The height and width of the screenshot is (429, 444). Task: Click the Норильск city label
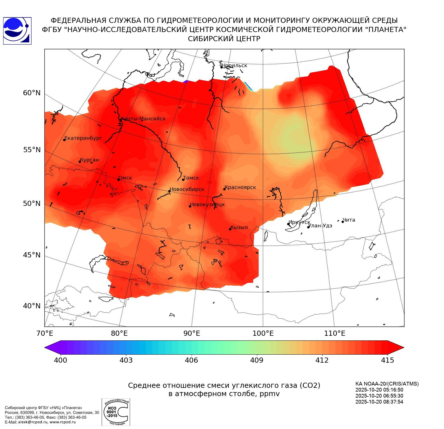tap(234, 65)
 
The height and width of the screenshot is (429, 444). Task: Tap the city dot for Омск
tap(118, 180)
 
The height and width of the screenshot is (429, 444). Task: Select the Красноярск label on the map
tap(240, 187)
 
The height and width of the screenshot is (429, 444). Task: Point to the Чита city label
tap(349, 220)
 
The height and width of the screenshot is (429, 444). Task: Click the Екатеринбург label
tap(83, 138)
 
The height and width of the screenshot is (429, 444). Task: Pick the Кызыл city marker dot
tap(230, 229)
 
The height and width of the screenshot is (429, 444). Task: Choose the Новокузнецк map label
tap(207, 204)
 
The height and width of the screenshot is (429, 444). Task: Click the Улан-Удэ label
tap(320, 226)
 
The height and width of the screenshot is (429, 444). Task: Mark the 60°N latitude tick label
tap(32, 93)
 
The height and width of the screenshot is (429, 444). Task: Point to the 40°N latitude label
tap(32, 306)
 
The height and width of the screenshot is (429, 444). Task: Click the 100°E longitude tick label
tap(263, 333)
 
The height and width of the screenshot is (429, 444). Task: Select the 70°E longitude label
tap(45, 333)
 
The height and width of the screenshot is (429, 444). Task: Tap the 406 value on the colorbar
tap(191, 360)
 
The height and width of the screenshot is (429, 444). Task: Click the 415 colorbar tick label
tap(388, 360)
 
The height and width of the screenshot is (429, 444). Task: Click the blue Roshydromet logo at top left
tap(17, 31)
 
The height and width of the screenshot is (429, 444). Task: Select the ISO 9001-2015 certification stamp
tap(116, 412)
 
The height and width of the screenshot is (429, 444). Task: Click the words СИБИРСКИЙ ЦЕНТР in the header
tap(224, 39)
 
